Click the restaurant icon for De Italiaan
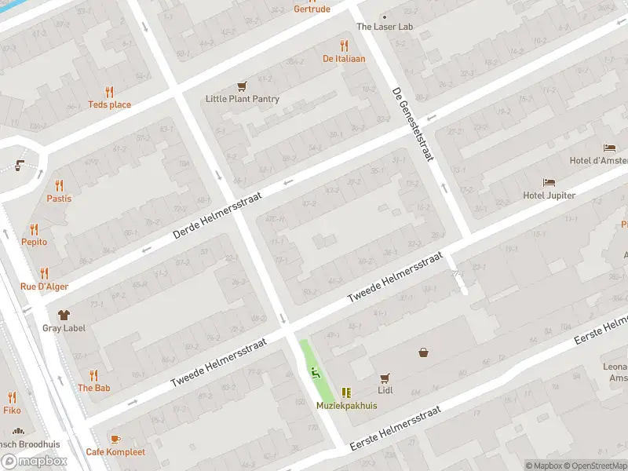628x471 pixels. click(344, 46)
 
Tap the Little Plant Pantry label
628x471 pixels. click(243, 99)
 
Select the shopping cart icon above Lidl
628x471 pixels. click(385, 378)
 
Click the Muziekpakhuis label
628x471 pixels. click(347, 406)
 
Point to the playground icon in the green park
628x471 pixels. click(316, 372)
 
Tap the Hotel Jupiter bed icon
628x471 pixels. click(549, 182)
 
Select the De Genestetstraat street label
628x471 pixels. click(413, 124)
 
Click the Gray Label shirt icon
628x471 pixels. click(64, 314)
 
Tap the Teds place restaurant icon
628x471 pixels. click(109, 92)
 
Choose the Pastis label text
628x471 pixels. click(59, 199)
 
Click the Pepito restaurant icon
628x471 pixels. click(34, 229)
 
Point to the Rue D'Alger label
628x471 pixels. click(44, 287)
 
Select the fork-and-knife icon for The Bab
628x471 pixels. click(93, 375)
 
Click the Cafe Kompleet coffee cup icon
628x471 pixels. click(115, 438)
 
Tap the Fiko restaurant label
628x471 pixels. click(12, 409)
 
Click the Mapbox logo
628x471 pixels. click(35, 462)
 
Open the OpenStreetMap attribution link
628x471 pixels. click(597, 466)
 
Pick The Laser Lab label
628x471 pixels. click(385, 27)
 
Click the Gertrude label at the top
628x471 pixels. click(312, 9)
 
